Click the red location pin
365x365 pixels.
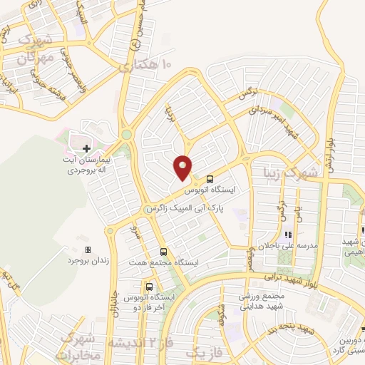pos(183,167)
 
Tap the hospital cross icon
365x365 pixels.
pos(86,148)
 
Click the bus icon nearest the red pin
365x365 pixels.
pos(209,180)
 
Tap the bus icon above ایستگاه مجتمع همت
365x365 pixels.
pos(164,252)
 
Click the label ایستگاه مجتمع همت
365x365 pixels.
pos(165,263)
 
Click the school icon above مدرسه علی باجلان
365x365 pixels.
pos(288,234)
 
